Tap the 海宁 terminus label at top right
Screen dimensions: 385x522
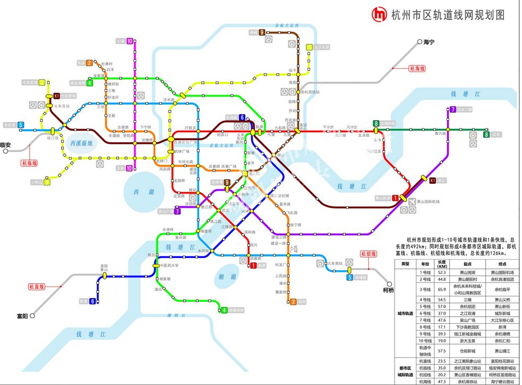pyautogui.click(x=428, y=42)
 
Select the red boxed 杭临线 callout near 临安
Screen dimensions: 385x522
pyautogui.click(x=29, y=163)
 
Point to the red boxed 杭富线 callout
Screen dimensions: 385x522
pyautogui.click(x=37, y=287)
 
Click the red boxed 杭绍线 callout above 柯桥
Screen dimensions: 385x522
pyautogui.click(x=368, y=254)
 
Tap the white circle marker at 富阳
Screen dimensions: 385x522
pyautogui.click(x=32, y=316)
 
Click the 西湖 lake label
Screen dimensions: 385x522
pyautogui.click(x=143, y=192)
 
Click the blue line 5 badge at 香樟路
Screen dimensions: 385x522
pyautogui.click(x=349, y=277)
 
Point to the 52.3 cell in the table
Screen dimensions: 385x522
pyautogui.click(x=442, y=272)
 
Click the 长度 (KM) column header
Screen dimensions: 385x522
pyautogui.click(x=442, y=264)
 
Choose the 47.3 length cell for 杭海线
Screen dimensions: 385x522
pyautogui.click(x=442, y=382)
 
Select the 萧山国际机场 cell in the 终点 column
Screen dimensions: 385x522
pyautogui.click(x=502, y=272)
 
